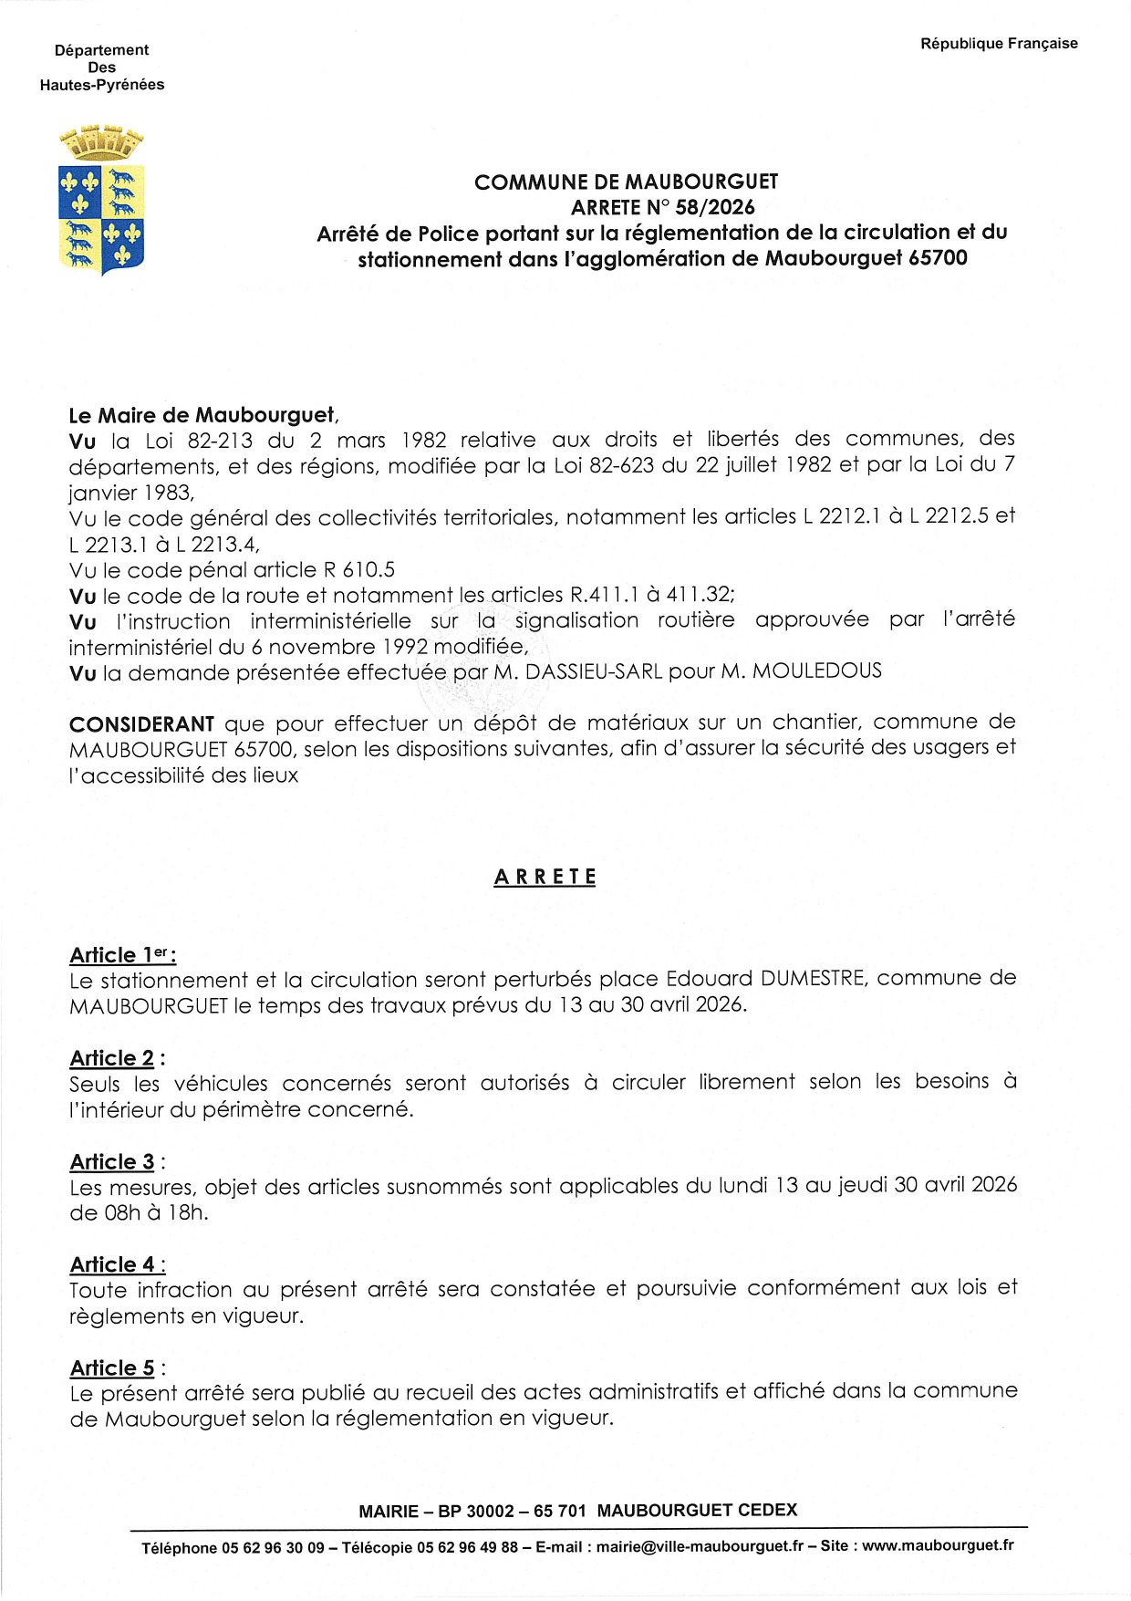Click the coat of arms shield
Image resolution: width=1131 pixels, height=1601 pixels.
click(101, 219)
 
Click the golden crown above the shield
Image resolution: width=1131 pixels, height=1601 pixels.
click(101, 143)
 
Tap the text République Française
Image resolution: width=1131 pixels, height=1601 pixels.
click(999, 44)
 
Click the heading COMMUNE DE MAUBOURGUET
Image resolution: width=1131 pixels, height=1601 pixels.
click(626, 182)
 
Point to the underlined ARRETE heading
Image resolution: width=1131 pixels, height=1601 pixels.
click(545, 877)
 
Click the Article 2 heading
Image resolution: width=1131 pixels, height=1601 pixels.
click(112, 1058)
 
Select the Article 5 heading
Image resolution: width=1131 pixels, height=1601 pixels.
click(112, 1367)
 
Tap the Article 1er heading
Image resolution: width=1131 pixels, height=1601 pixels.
click(122, 955)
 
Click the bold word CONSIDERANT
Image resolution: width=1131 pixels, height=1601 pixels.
click(141, 724)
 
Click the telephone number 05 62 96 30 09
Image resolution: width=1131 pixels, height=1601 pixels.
click(273, 1548)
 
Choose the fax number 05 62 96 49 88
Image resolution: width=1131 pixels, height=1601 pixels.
click(467, 1547)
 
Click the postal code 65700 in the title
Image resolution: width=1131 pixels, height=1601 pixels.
click(938, 258)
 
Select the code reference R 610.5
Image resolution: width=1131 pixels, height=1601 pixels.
click(359, 570)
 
